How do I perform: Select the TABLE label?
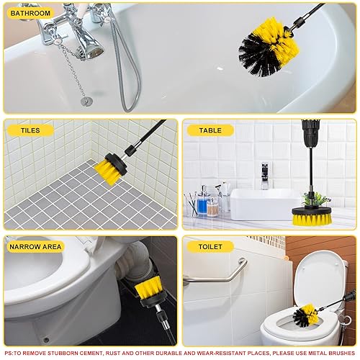pyautogui.click(x=210, y=130)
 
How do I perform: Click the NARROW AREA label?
pyautogui.click(x=35, y=246)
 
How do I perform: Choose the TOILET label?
pyautogui.click(x=210, y=246)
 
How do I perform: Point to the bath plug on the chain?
pyautogui.click(x=86, y=102)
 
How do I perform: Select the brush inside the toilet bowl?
pyautogui.click(x=305, y=315)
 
